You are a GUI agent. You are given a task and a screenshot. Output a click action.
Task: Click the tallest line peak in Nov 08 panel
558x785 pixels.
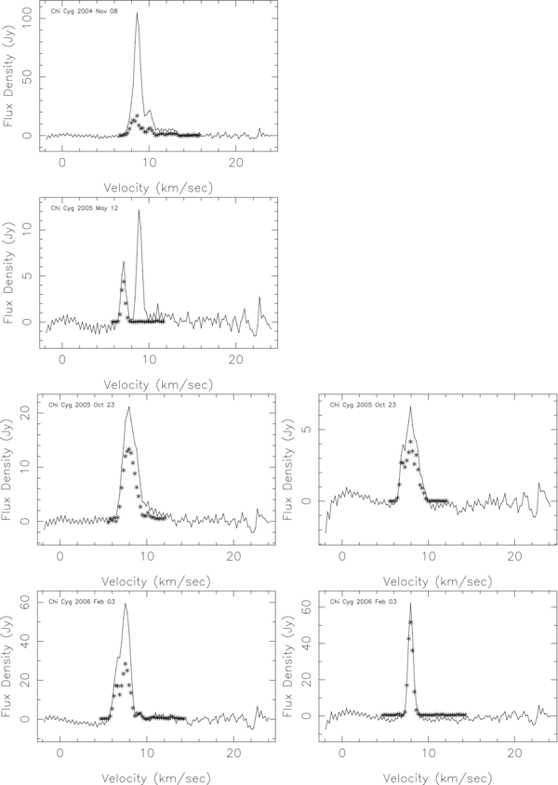[x=137, y=13]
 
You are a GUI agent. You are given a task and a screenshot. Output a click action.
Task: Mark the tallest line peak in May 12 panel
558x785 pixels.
[x=139, y=209]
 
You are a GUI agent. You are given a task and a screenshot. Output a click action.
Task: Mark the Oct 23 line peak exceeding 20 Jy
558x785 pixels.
[x=129, y=406]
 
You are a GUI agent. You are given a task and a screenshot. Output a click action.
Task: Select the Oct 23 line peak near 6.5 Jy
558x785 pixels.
[x=410, y=406]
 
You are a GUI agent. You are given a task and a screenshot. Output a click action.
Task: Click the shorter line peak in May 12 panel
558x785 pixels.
[x=123, y=261]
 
